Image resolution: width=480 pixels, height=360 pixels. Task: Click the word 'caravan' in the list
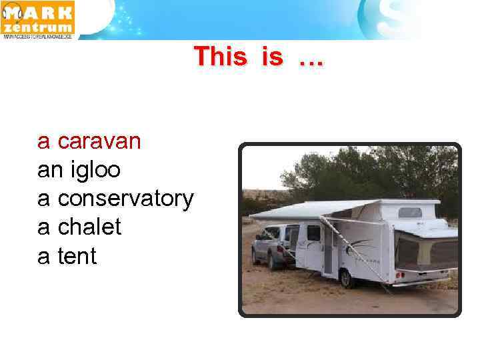pos(99,142)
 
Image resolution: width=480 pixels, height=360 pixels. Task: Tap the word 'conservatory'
pos(126,199)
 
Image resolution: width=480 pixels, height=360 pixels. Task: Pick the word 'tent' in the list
pos(77,256)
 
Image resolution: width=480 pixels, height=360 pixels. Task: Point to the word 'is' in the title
pos(272,57)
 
